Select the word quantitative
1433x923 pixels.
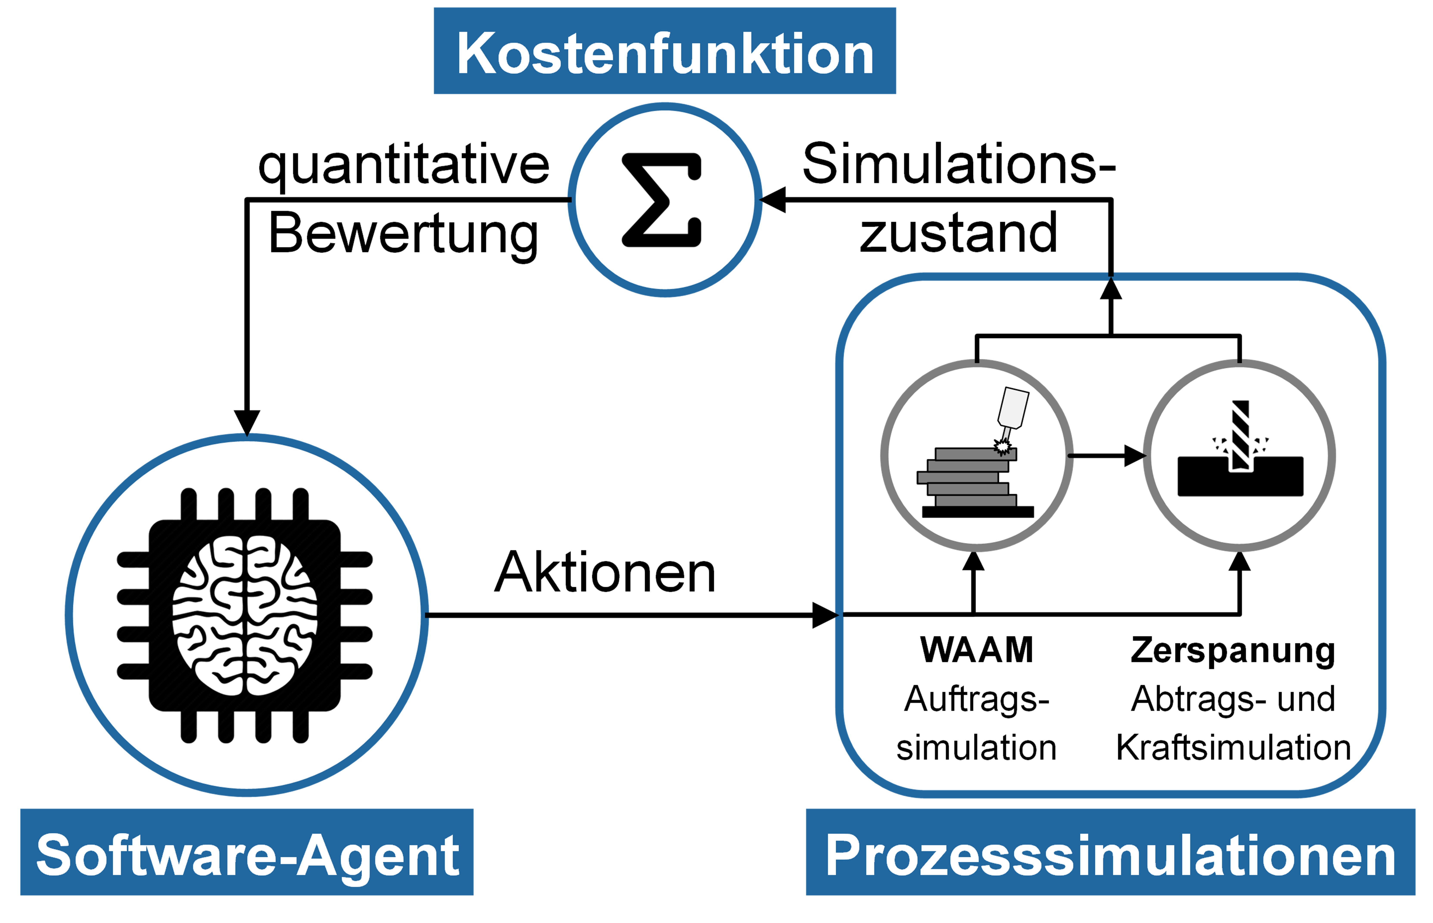point(403,165)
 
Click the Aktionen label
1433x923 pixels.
point(605,573)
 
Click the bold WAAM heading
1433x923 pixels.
point(977,650)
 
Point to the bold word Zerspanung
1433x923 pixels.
point(1233,650)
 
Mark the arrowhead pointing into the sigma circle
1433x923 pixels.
point(773,200)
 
